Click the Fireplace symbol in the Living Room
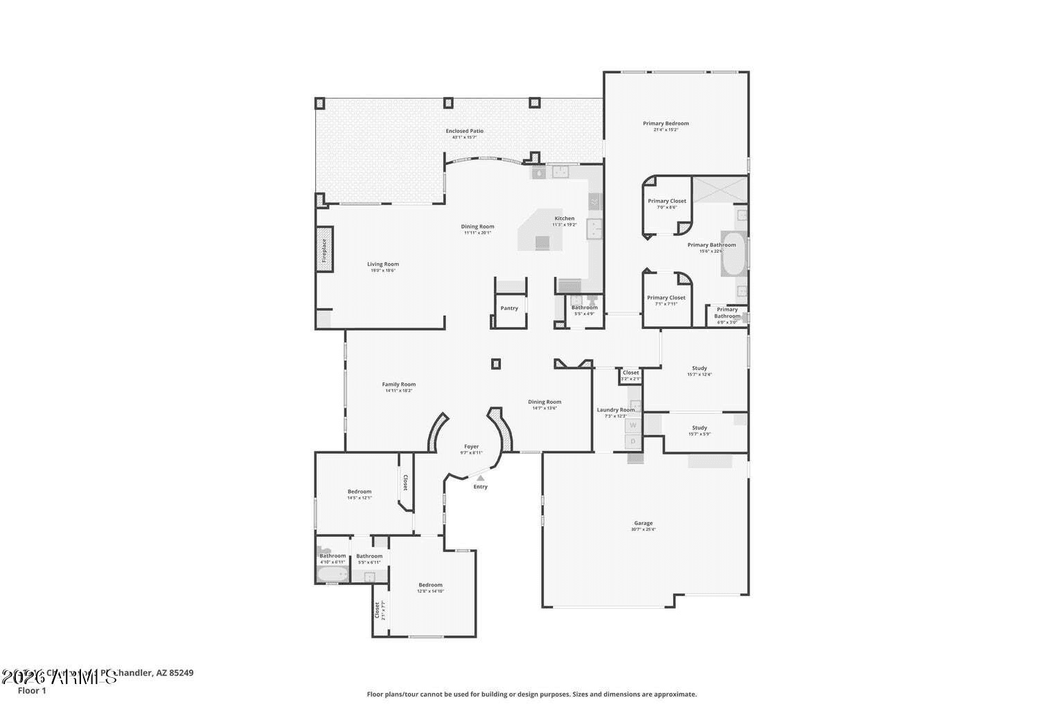pyautogui.click(x=323, y=250)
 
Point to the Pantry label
pyautogui.click(x=509, y=308)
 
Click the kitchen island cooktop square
pyautogui.click(x=542, y=242)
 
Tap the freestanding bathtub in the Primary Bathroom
pyautogui.click(x=734, y=254)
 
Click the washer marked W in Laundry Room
pyautogui.click(x=632, y=425)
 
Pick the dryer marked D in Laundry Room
pyautogui.click(x=632, y=441)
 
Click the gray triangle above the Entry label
pyautogui.click(x=480, y=478)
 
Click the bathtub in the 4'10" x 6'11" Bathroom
pyautogui.click(x=332, y=574)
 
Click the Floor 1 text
pyautogui.click(x=32, y=690)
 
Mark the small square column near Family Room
pyautogui.click(x=495, y=364)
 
